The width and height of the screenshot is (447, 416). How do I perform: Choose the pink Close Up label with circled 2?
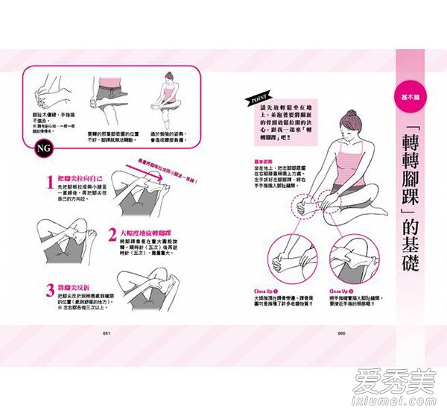point(340,291)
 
